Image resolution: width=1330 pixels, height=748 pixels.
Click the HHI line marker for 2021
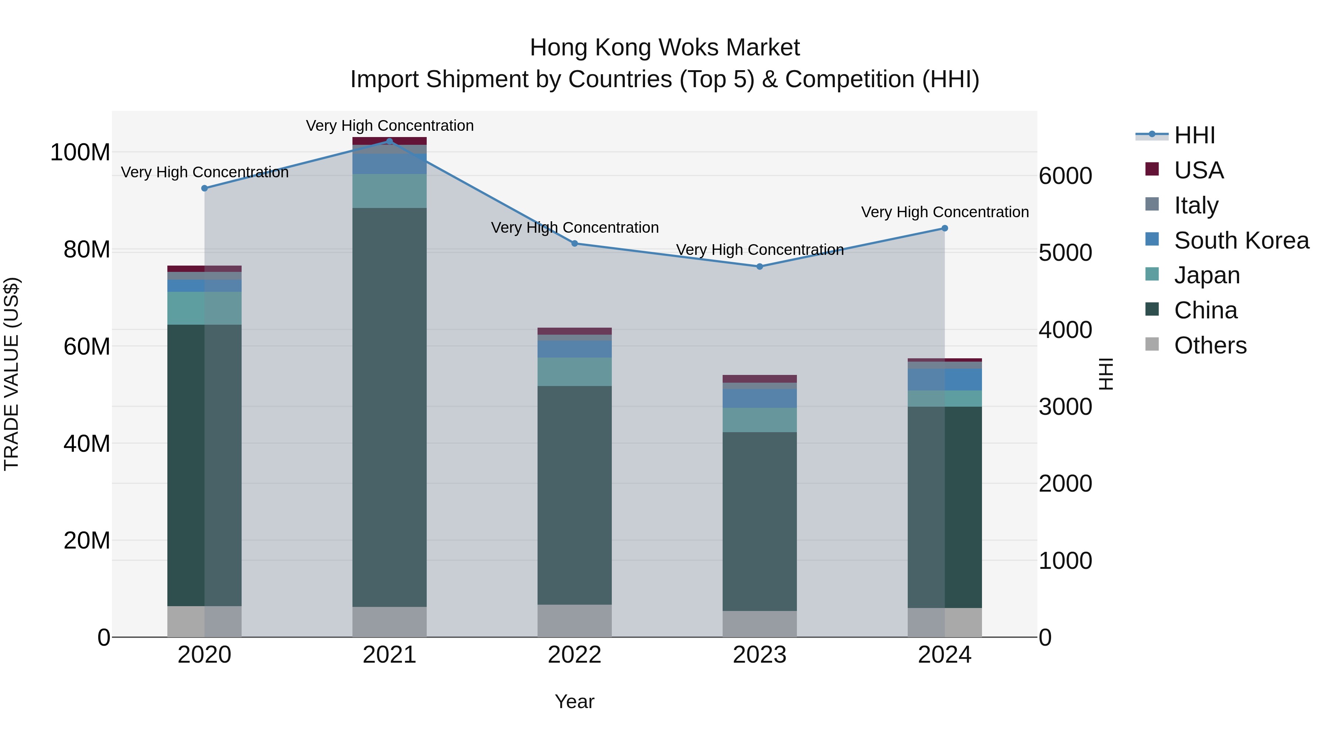(389, 141)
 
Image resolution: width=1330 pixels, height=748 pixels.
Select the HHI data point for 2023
(760, 266)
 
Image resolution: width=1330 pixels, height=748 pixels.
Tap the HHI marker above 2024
(944, 228)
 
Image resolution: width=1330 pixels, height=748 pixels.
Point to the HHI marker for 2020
(204, 188)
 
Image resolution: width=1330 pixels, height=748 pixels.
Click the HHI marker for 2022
(574, 243)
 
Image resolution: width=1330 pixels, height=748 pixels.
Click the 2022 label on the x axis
(574, 655)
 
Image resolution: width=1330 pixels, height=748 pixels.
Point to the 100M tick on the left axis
(80, 153)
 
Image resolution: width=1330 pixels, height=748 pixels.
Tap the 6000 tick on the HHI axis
(1065, 176)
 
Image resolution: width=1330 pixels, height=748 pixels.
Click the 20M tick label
(87, 540)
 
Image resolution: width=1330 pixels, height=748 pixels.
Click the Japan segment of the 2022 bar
(574, 372)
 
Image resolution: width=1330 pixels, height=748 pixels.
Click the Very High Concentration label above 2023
(760, 250)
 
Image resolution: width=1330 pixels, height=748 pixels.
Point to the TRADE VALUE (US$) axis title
(11, 374)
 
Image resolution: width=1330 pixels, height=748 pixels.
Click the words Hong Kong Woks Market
(665, 48)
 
